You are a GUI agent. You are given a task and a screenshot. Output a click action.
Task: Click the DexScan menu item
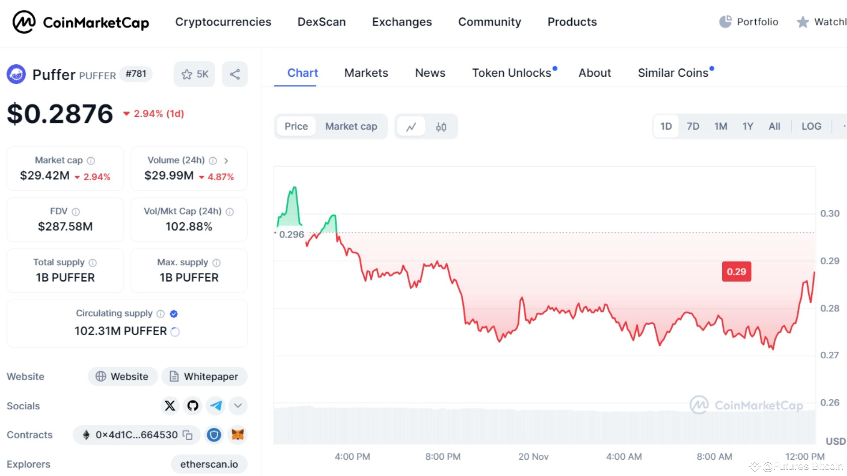[322, 22]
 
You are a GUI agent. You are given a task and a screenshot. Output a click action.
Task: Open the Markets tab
[366, 73]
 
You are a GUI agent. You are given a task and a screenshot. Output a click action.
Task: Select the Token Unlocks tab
[512, 73]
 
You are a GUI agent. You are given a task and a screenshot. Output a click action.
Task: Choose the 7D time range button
[693, 126]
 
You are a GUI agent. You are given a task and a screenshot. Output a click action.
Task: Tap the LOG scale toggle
[811, 126]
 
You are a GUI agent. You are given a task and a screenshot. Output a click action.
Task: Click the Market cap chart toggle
[351, 126]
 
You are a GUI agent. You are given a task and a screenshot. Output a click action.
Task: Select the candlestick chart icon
[441, 127]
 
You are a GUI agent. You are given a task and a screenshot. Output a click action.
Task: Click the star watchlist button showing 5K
[195, 74]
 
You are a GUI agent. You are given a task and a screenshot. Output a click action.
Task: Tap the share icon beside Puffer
[235, 74]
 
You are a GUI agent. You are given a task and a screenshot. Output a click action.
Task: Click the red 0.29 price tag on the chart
[736, 271]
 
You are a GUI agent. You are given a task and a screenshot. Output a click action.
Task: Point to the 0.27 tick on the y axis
[829, 355]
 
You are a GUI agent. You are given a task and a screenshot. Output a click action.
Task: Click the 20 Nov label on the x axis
[533, 457]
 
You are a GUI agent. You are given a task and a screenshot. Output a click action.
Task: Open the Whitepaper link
[204, 376]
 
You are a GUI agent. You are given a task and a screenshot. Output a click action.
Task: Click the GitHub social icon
[193, 405]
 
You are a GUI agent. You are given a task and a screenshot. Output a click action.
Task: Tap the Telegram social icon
[216, 405]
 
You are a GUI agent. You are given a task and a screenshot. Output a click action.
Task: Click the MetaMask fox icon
[238, 435]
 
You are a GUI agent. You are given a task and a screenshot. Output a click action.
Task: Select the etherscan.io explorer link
[209, 464]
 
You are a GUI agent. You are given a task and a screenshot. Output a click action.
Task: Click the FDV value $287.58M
[65, 227]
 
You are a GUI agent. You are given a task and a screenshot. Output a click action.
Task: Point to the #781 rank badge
[136, 74]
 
